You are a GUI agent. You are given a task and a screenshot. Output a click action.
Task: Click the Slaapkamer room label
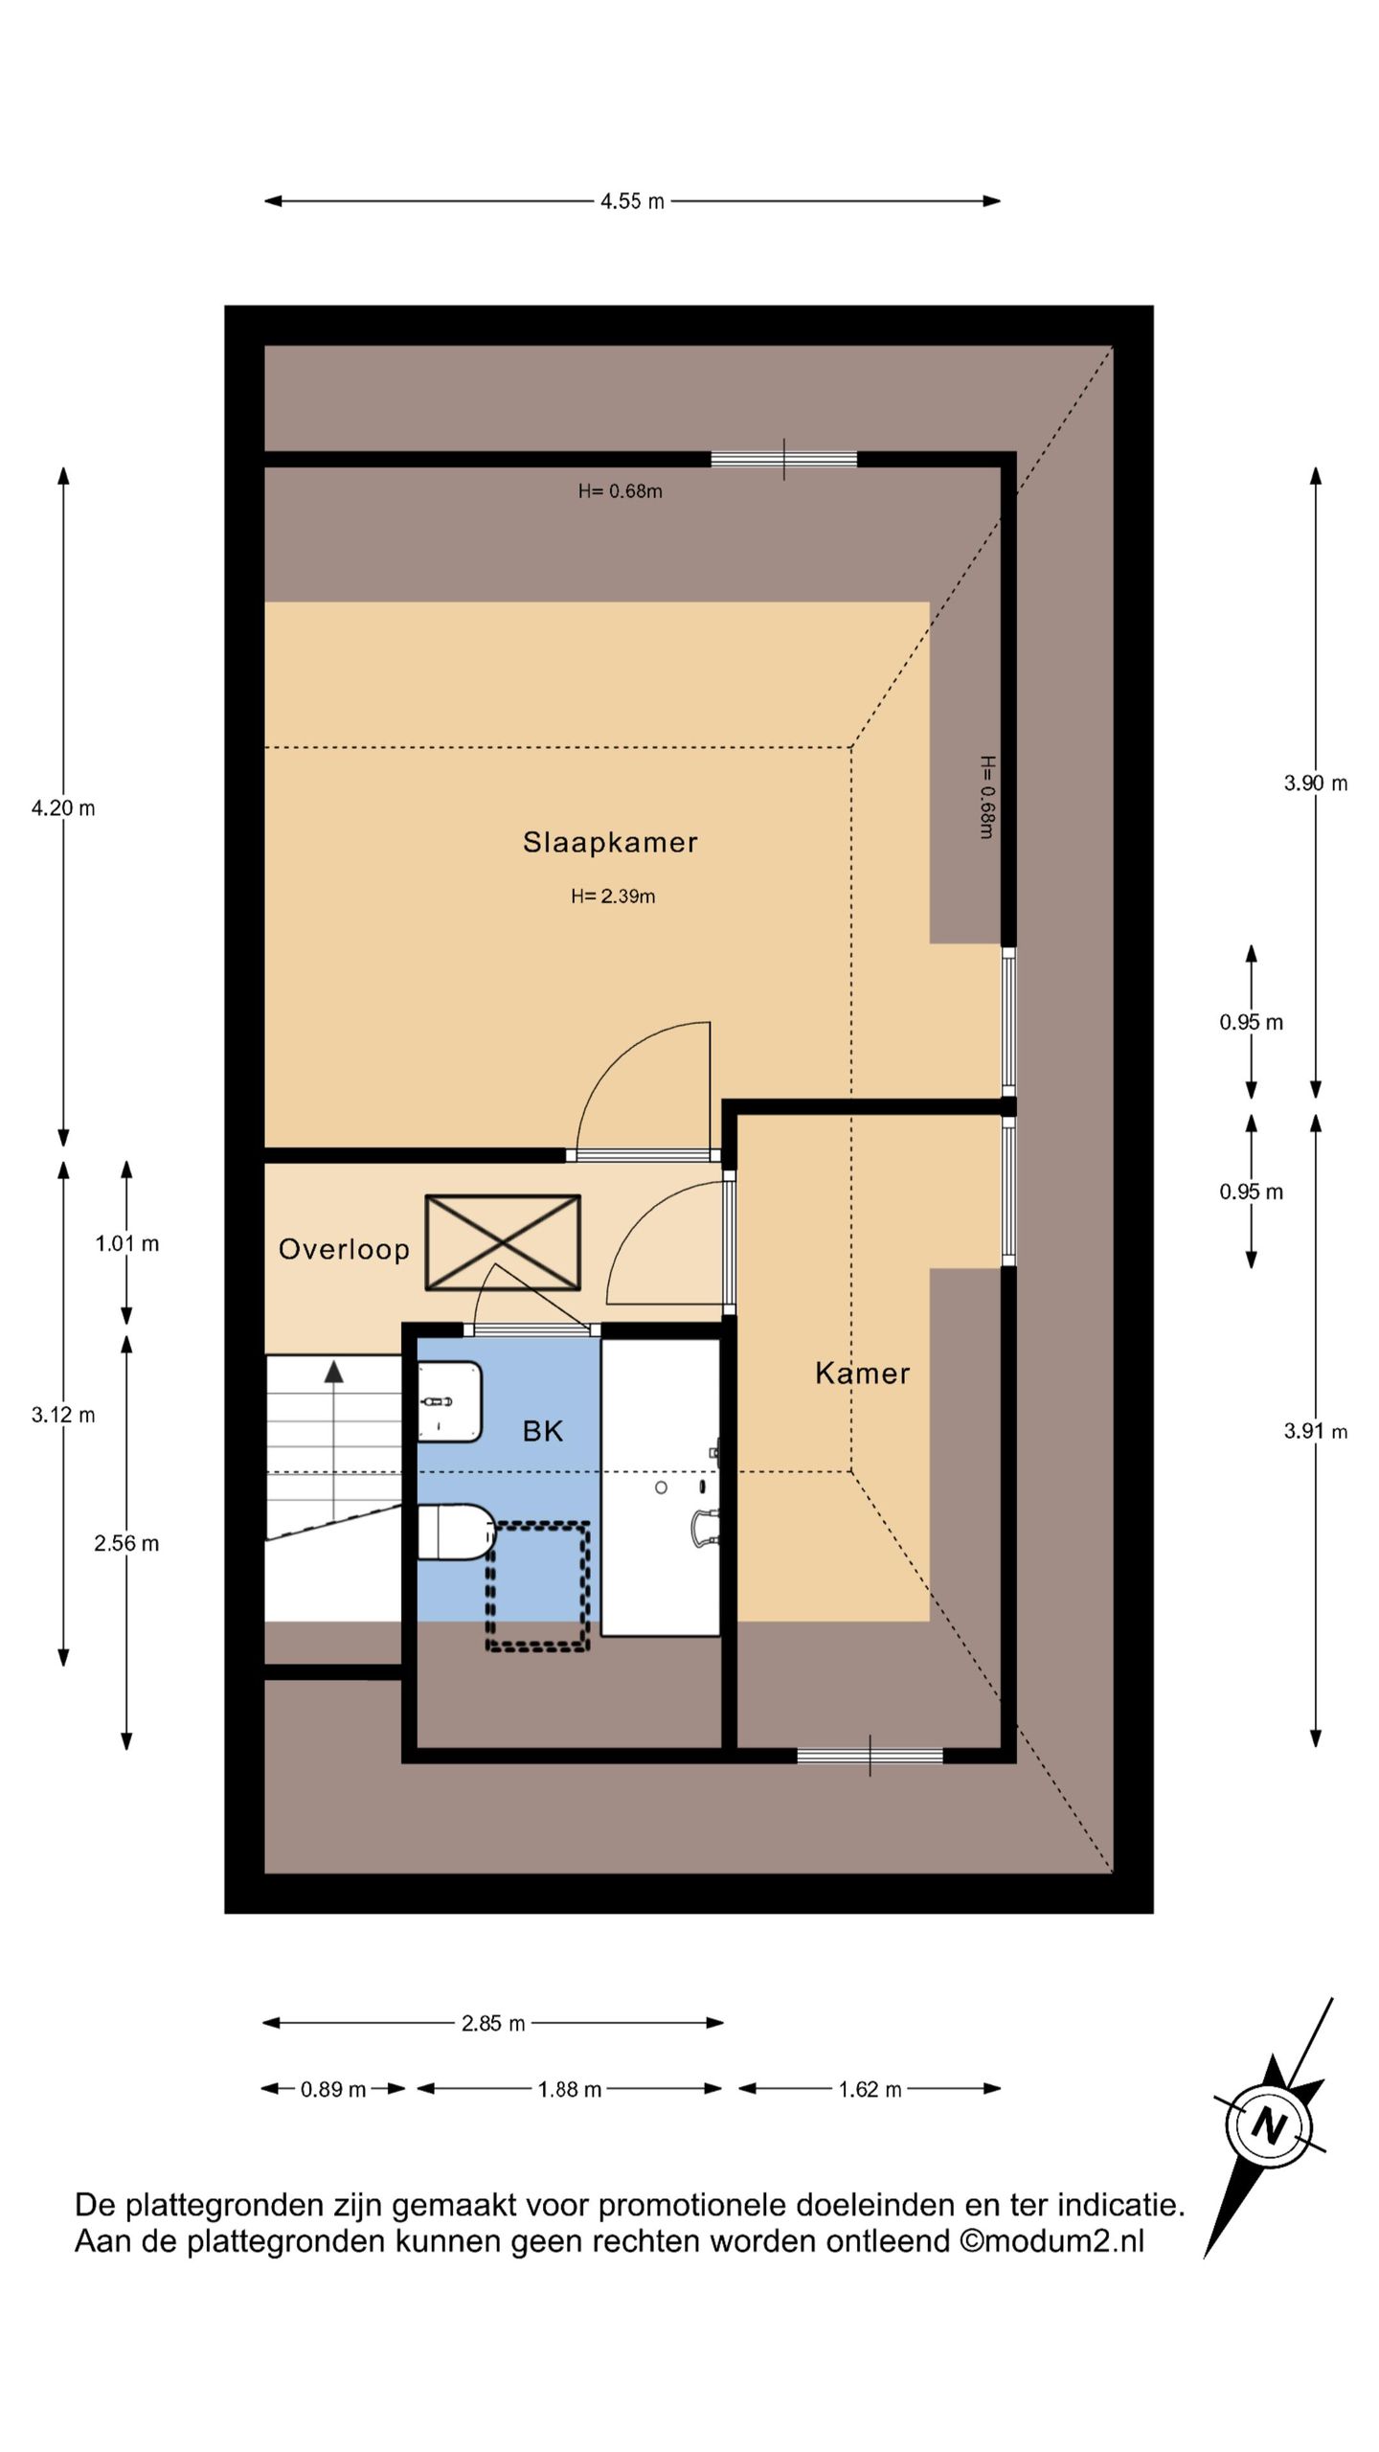click(610, 842)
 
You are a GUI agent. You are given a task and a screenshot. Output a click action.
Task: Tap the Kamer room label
click(862, 1374)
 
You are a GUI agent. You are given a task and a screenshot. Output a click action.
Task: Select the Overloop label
click(344, 1249)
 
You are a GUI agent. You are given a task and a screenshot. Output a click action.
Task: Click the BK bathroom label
click(542, 1431)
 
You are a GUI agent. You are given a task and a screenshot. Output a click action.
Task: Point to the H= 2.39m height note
click(613, 897)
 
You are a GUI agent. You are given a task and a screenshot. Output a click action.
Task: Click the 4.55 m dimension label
click(632, 201)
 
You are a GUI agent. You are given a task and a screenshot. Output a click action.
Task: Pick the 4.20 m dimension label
click(63, 807)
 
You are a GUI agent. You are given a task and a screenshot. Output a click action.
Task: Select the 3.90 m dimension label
click(1316, 783)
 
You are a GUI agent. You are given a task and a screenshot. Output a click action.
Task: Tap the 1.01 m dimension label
click(127, 1243)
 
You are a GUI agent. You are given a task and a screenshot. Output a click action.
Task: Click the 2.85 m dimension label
click(493, 2023)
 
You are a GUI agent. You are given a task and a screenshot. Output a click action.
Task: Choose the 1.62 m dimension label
click(870, 2089)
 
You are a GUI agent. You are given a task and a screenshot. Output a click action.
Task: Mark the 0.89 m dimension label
click(333, 2089)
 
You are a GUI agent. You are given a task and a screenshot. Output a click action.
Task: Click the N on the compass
click(1270, 2126)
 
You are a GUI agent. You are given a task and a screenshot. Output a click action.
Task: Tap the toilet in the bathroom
click(456, 1532)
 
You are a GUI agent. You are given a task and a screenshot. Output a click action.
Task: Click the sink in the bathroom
click(449, 1401)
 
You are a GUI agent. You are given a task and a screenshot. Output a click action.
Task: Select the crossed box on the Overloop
click(503, 1242)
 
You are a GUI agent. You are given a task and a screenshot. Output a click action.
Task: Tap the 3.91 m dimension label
click(1316, 1431)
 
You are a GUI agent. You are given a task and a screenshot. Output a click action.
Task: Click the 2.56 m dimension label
click(126, 1543)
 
